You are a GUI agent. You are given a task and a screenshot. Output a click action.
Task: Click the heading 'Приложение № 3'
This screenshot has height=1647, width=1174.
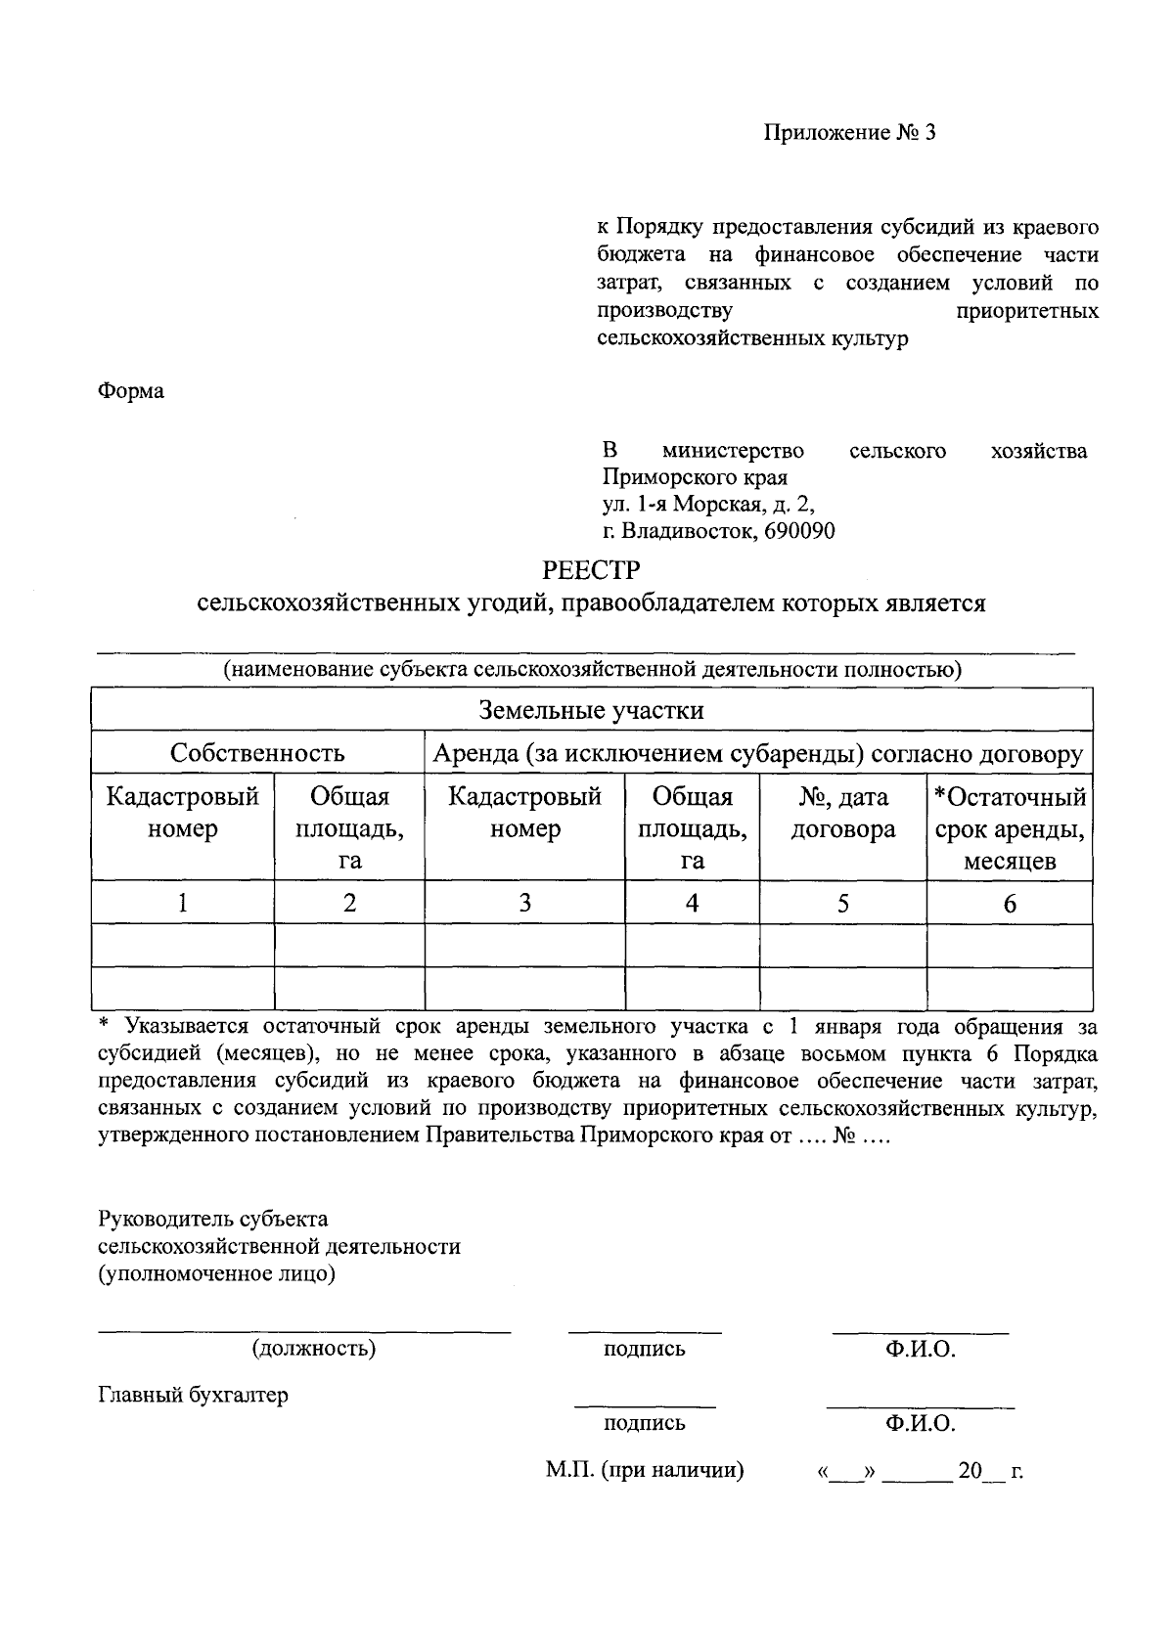[849, 133]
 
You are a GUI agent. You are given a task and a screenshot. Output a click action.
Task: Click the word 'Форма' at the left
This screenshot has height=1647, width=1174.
[131, 391]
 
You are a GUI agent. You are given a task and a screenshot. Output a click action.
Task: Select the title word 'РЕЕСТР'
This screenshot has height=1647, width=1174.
[591, 569]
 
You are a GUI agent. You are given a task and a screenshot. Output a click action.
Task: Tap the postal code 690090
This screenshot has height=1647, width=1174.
[796, 531]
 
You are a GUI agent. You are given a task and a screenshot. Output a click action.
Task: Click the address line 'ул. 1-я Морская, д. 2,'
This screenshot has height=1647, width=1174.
[707, 505]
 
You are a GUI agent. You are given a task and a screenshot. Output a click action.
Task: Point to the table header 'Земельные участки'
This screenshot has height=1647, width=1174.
[591, 709]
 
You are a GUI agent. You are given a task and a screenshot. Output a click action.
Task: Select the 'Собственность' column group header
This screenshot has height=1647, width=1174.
[257, 753]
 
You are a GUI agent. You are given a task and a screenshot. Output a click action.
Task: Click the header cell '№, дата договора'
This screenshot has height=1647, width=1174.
[842, 814]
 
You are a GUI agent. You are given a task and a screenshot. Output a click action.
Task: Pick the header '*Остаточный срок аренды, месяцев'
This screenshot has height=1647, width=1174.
[1009, 829]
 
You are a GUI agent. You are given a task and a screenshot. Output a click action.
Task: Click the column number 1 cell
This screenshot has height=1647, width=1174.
[183, 903]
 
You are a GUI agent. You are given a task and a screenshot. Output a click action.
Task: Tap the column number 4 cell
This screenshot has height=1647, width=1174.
[692, 903]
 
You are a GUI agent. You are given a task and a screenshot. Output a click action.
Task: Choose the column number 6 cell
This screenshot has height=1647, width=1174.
[1009, 903]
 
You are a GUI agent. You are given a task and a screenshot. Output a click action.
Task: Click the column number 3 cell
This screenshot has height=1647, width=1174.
[524, 903]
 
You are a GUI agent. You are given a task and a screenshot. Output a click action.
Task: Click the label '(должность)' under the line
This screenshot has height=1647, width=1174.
[314, 1349]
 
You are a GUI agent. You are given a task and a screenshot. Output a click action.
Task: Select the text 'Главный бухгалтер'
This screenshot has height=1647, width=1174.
[194, 1395]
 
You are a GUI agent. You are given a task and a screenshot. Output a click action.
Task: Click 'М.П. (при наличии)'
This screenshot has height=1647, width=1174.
[645, 1470]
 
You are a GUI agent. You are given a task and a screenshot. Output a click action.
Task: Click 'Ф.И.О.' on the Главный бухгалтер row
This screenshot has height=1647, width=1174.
[920, 1423]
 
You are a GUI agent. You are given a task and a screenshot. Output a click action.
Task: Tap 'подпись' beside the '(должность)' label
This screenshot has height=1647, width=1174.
[644, 1350]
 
